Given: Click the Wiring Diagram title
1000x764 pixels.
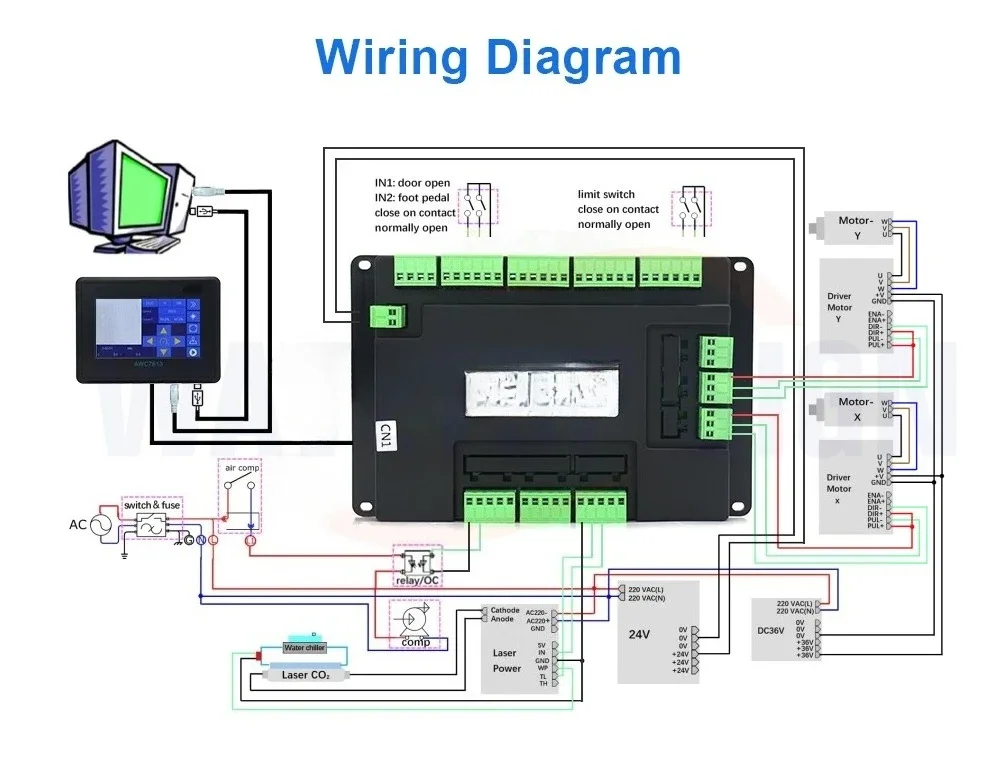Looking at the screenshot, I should pyautogui.click(x=499, y=57).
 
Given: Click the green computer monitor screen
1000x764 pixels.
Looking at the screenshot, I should pyautogui.click(x=131, y=188).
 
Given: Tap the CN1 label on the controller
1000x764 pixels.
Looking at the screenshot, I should pyautogui.click(x=382, y=437).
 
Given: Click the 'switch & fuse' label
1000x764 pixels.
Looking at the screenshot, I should pyautogui.click(x=152, y=505).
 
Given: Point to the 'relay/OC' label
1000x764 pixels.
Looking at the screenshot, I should pyautogui.click(x=417, y=579).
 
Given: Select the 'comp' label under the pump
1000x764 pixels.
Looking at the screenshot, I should pyautogui.click(x=416, y=642).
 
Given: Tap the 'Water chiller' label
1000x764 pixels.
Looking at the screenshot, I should pyautogui.click(x=305, y=648).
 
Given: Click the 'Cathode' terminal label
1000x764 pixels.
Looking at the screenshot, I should pyautogui.click(x=505, y=610).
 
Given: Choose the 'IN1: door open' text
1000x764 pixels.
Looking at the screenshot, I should pyautogui.click(x=412, y=183).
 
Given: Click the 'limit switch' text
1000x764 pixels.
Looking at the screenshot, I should pyautogui.click(x=606, y=194).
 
